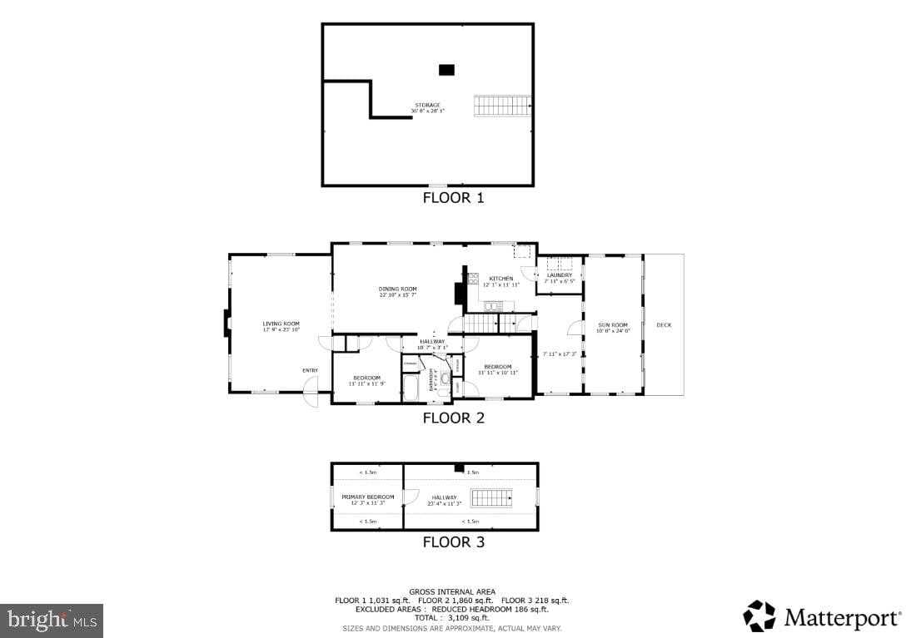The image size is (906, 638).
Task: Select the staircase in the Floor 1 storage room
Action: click(502, 106)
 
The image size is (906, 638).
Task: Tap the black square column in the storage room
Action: click(446, 70)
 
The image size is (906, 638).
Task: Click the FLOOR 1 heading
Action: click(453, 198)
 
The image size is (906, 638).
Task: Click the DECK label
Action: click(664, 325)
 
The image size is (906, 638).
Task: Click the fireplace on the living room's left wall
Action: click(226, 324)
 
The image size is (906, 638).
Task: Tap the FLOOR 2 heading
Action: click(453, 418)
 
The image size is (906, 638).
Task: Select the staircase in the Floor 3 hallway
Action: click(491, 497)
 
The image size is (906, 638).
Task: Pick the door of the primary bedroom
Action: click(409, 497)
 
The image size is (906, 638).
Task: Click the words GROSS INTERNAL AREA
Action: click(452, 591)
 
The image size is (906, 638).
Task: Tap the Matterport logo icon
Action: click(759, 616)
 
